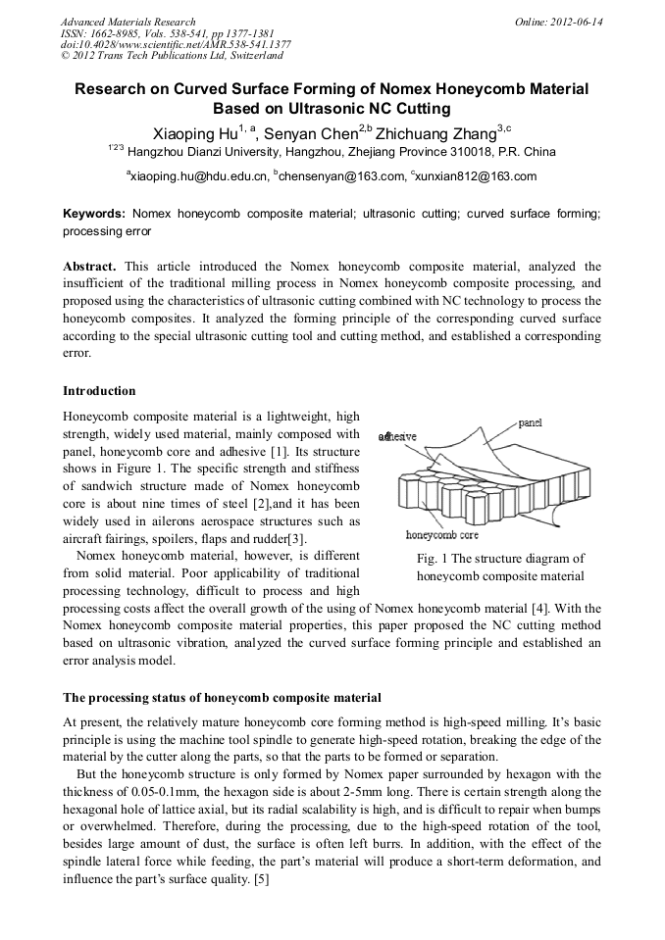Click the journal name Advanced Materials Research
(128, 22)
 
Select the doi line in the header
(176, 45)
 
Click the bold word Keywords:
(94, 213)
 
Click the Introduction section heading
(99, 391)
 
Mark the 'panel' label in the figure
(531, 422)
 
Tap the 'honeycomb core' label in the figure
(442, 535)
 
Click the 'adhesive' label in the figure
(397, 436)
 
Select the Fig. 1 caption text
(500, 568)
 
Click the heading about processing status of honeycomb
(222, 698)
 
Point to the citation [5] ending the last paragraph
(261, 879)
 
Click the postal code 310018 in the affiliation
(460, 152)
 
